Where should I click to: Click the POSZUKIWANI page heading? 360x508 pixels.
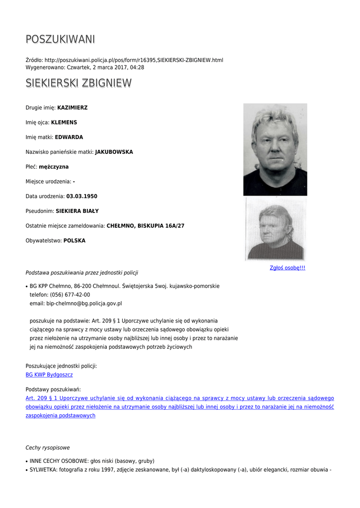[60, 39]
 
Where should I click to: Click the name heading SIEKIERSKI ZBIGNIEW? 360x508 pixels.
[78, 83]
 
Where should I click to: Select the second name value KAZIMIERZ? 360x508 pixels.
[72, 108]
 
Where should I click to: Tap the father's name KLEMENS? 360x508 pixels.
[64, 123]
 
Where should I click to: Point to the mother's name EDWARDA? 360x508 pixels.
[69, 137]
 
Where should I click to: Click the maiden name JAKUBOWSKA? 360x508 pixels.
[114, 152]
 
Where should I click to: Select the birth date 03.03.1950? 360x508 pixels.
[82, 196]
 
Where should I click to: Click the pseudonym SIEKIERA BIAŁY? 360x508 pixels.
[77, 211]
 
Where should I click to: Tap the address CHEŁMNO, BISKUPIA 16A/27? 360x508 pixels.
[145, 226]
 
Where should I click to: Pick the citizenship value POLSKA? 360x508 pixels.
[74, 241]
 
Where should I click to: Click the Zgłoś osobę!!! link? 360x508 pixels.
[288, 268]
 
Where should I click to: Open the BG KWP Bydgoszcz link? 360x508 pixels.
[49, 375]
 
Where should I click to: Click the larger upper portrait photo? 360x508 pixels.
[275, 149]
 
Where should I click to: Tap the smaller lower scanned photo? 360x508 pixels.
[275, 229]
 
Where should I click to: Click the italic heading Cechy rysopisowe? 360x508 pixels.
[48, 448]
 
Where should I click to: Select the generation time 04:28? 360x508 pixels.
[138, 67]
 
